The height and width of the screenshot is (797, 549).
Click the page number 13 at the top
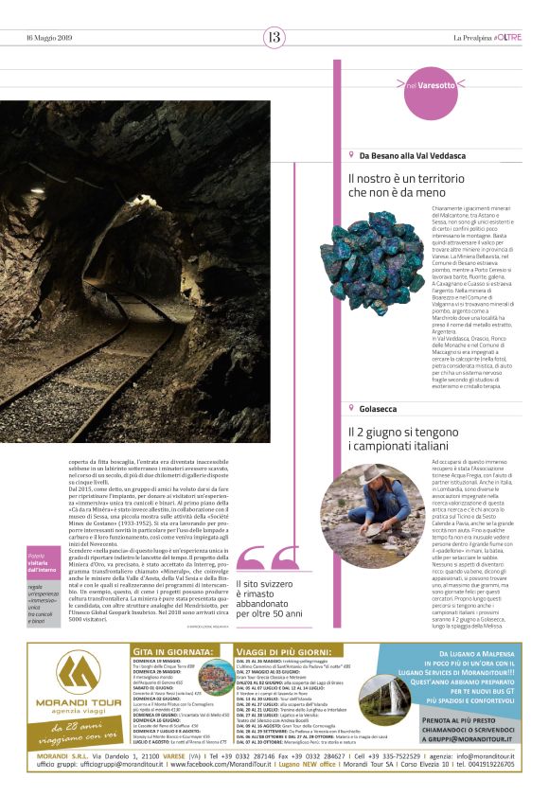(274, 37)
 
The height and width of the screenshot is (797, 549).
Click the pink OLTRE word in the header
(508, 37)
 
